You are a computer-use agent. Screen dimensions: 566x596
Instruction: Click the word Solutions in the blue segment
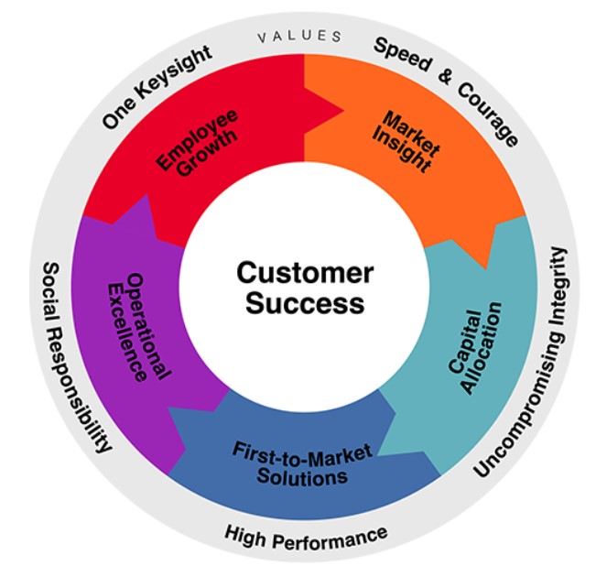click(302, 476)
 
